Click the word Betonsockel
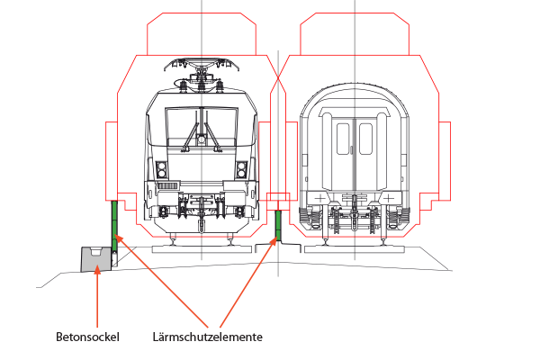pos(87,337)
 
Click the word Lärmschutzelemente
pos(208,337)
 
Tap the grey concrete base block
pos(95,259)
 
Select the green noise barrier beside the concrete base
pos(114,227)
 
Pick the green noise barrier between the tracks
pos(278,226)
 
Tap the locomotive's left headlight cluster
pos(161,170)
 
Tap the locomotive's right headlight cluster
pos(242,170)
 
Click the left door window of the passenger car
pos(343,139)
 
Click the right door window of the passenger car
pos(365,139)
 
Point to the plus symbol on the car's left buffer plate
pos(319,198)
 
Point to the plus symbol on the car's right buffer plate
pos(389,198)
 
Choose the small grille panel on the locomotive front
pos(168,186)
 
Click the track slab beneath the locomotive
pos(202,249)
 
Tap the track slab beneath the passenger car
pos(355,249)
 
